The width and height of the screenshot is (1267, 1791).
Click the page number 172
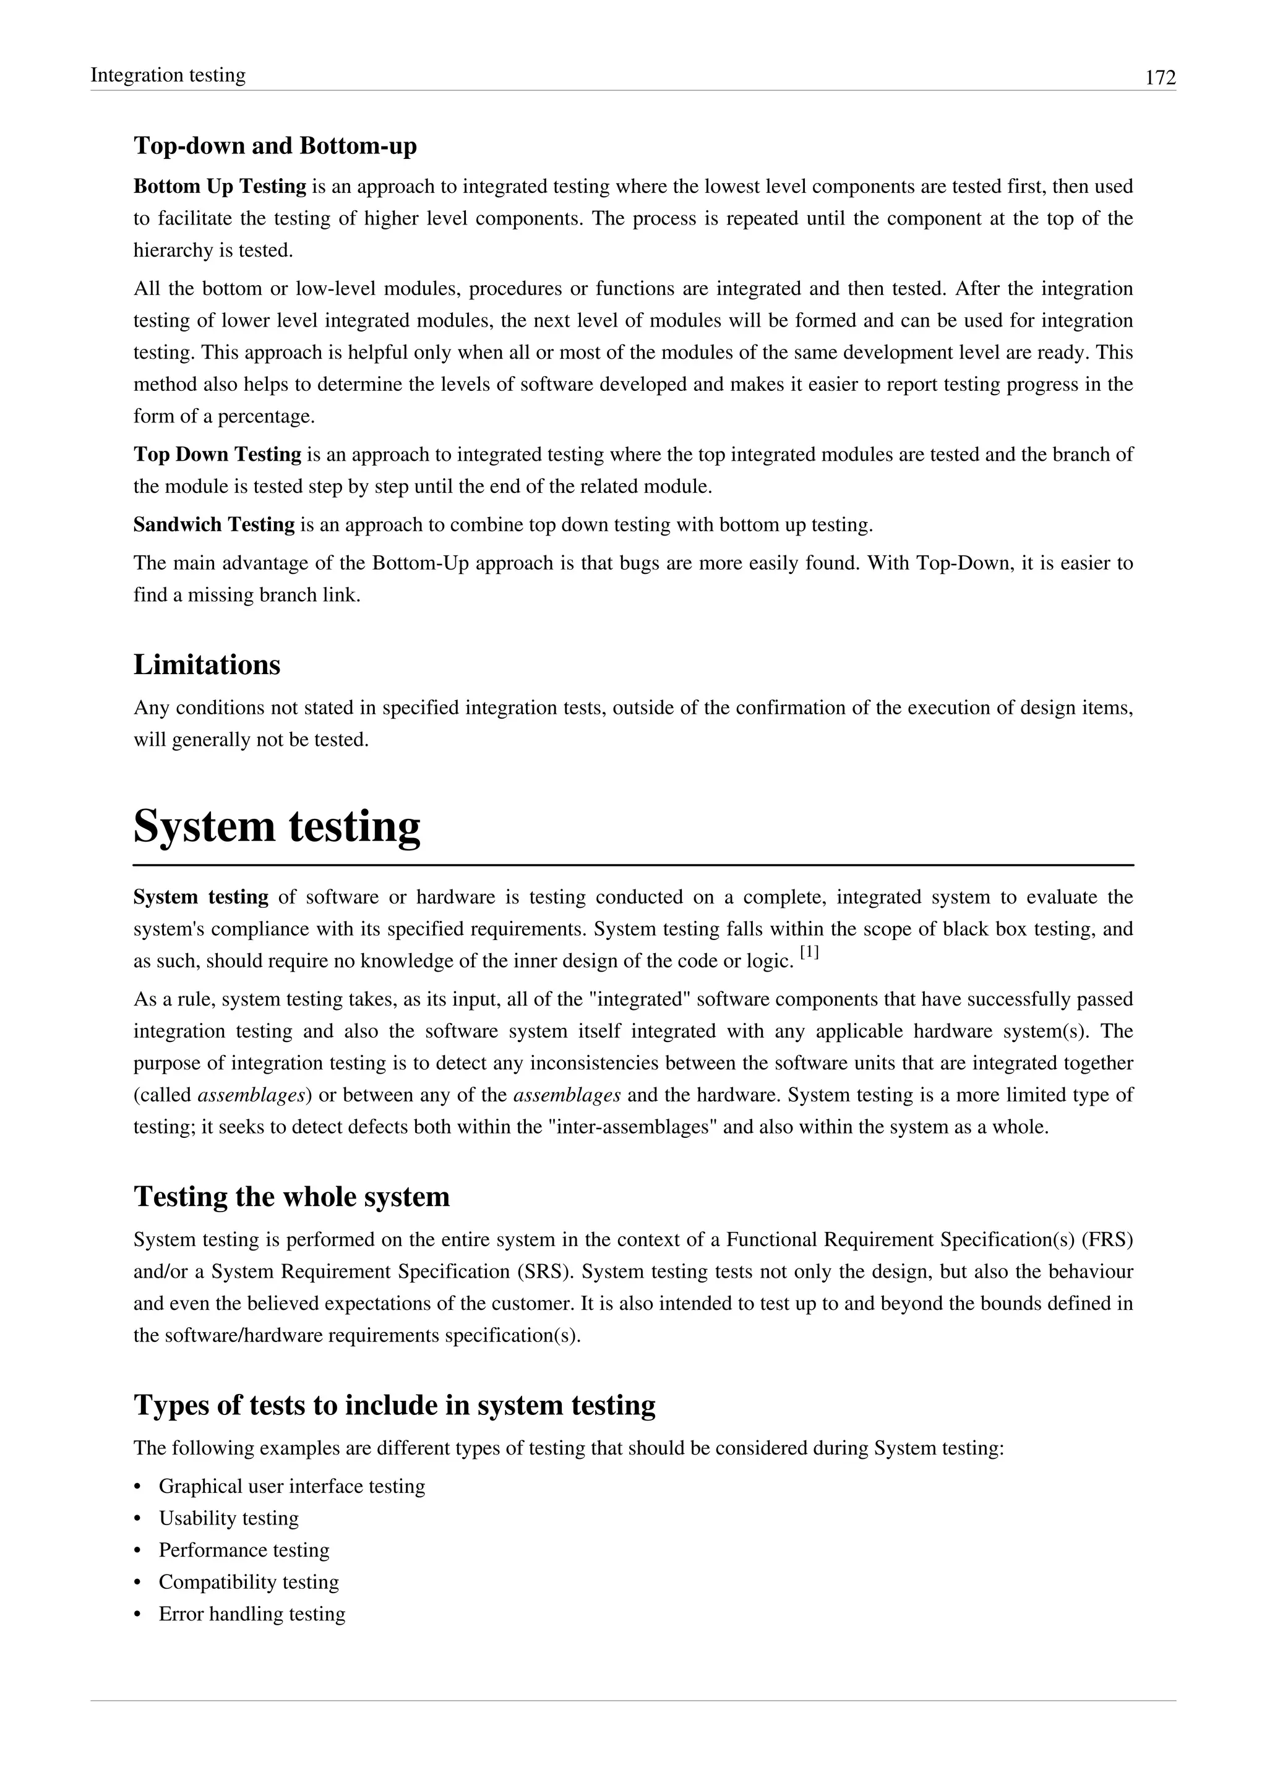[x=1160, y=78]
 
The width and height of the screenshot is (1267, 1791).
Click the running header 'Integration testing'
[x=168, y=75]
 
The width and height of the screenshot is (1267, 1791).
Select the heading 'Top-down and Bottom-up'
[x=275, y=146]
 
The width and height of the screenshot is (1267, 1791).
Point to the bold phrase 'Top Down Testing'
[x=217, y=455]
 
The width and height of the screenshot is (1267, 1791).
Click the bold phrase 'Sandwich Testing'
[x=214, y=525]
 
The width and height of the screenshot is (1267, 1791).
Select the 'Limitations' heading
[x=207, y=665]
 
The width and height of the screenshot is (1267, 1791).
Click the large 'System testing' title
[x=277, y=826]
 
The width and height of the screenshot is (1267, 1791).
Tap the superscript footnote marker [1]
[x=809, y=953]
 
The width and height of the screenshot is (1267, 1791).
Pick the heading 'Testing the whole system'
[x=292, y=1197]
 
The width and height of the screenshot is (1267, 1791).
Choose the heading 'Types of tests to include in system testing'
[x=394, y=1405]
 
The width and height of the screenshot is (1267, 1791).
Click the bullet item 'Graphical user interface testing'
[x=292, y=1487]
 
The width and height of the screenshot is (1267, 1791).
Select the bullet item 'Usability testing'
[x=228, y=1519]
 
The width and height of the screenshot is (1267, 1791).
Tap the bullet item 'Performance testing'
[x=244, y=1551]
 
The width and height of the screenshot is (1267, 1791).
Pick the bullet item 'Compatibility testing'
[x=249, y=1583]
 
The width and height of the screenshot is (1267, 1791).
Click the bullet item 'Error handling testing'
[x=252, y=1615]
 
